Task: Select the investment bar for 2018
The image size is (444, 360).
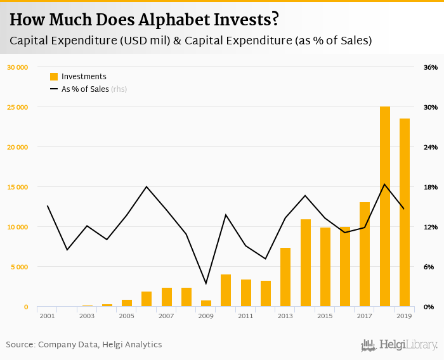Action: click(385, 207)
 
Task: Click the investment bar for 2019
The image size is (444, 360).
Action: click(405, 212)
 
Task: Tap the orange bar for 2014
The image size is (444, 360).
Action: click(306, 263)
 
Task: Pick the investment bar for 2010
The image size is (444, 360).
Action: click(226, 290)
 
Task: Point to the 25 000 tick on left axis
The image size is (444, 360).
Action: click(17, 107)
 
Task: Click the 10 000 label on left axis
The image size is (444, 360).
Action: click(17, 227)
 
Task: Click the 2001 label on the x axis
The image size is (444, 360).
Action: click(48, 316)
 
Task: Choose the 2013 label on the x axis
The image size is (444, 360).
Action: click(285, 316)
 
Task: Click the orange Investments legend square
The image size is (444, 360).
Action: click(54, 77)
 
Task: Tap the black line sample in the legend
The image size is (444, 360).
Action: click(54, 89)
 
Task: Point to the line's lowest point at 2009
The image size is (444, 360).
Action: click(206, 283)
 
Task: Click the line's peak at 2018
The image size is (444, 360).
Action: click(385, 184)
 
